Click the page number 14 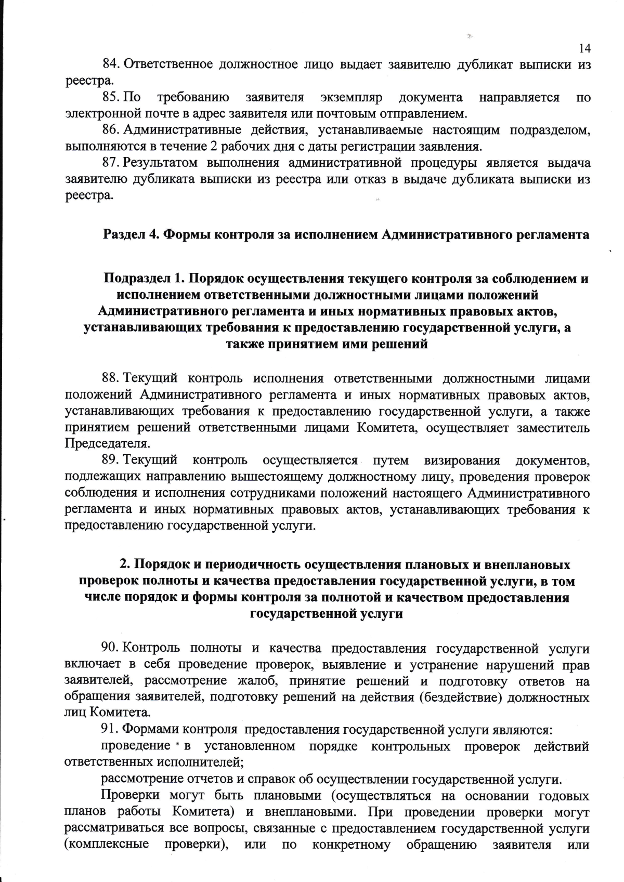(x=584, y=48)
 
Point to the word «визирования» (x=462, y=460)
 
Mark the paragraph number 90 (x=111, y=648)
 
